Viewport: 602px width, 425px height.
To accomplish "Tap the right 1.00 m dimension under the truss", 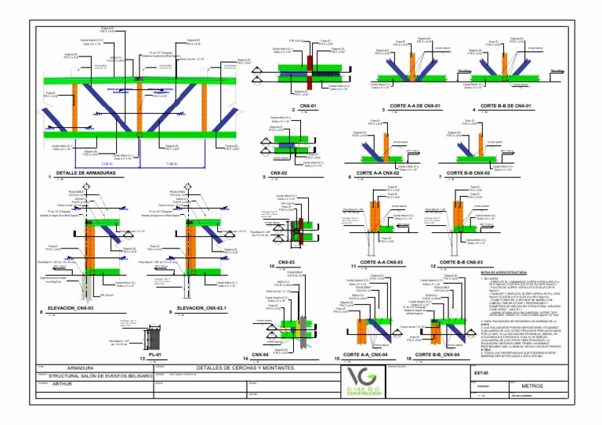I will (182, 164).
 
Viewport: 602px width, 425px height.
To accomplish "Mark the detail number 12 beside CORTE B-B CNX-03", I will (433, 264).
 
